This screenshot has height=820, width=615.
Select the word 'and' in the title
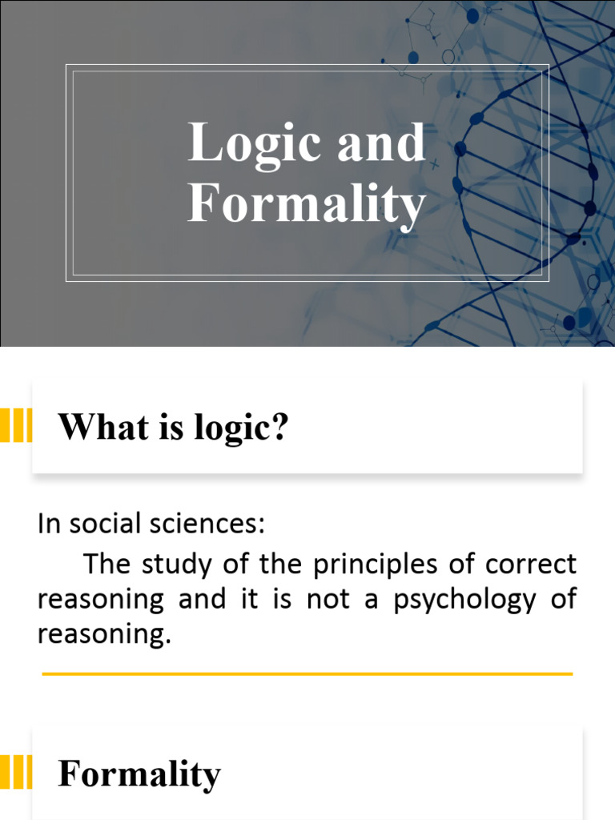380,143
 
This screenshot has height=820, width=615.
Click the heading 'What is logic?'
173,428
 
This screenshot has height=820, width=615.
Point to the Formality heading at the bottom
139,774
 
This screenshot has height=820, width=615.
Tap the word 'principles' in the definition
372,565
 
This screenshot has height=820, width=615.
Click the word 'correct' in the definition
534,564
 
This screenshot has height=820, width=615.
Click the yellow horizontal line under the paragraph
307,674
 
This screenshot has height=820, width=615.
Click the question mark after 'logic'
279,428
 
